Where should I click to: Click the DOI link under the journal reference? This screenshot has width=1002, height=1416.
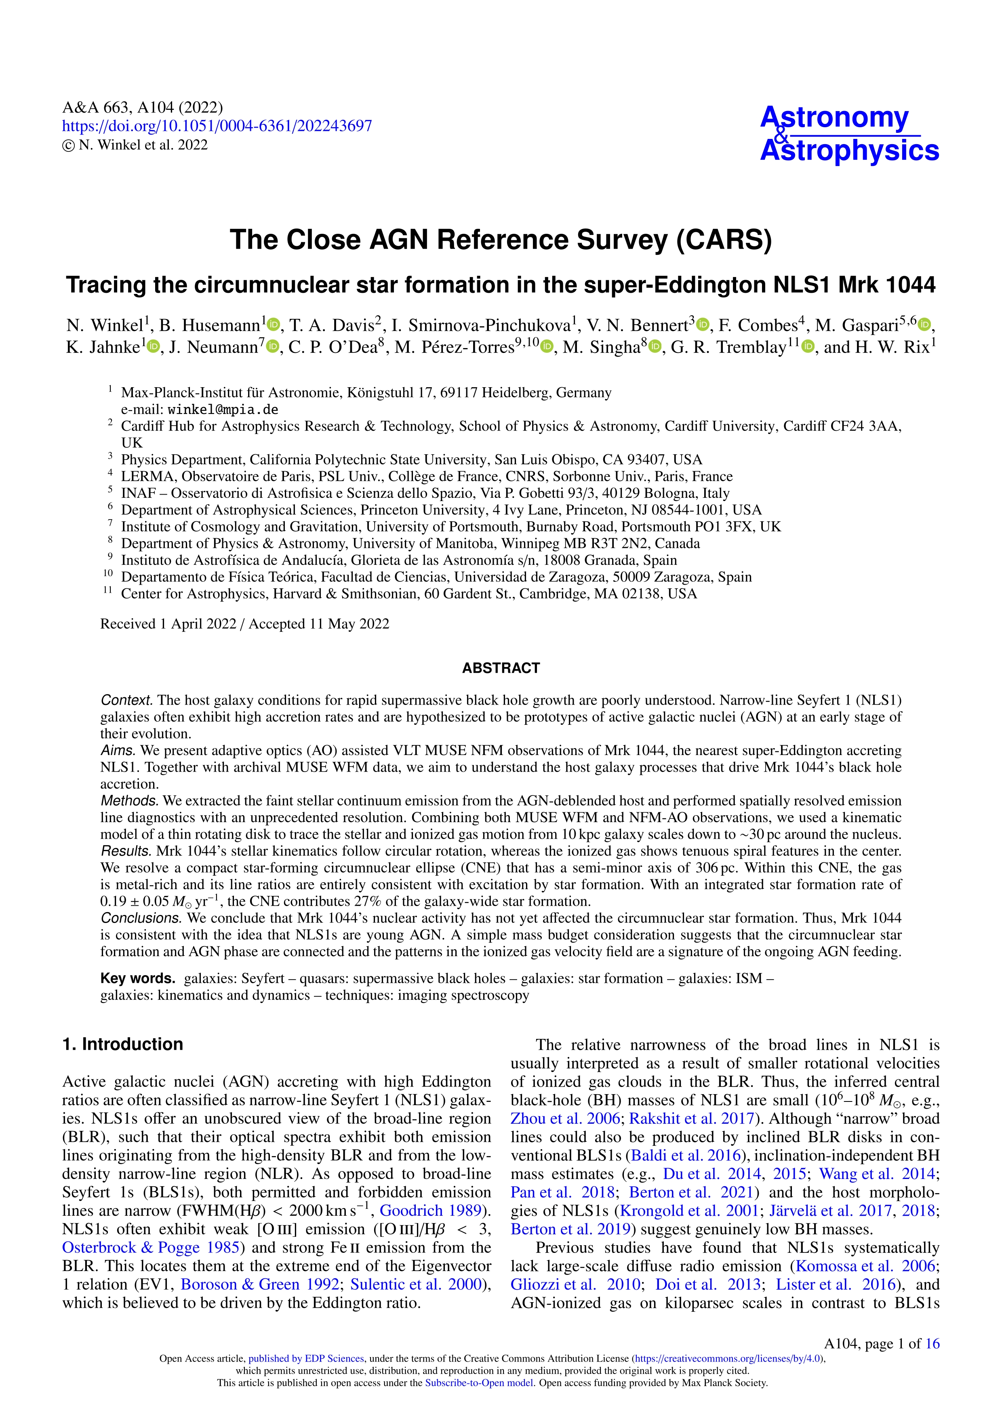[217, 126]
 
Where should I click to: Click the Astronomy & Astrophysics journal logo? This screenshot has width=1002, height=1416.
[849, 134]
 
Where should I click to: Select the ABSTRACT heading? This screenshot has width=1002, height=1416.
[500, 668]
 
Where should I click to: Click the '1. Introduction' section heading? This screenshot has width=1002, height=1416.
[123, 1044]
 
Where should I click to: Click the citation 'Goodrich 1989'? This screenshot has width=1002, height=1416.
[430, 1210]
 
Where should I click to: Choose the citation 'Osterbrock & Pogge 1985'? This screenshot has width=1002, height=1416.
[151, 1248]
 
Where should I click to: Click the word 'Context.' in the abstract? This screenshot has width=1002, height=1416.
[126, 701]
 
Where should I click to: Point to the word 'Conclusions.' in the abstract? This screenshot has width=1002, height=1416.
[141, 918]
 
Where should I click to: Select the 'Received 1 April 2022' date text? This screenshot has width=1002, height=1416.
[168, 624]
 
